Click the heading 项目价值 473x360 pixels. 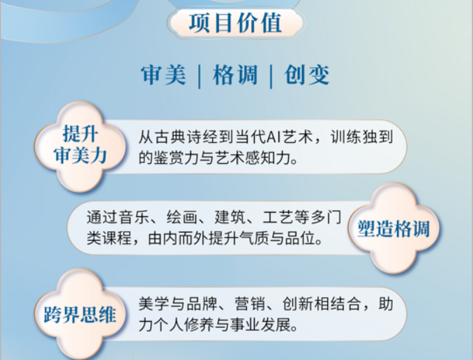click(x=236, y=22)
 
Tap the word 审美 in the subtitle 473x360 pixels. click(x=164, y=75)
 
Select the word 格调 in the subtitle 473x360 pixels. click(x=235, y=75)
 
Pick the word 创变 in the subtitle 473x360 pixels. click(x=307, y=75)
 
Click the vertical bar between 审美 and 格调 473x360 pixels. click(x=200, y=76)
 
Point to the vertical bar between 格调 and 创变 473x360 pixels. click(x=271, y=76)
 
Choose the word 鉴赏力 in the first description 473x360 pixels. click(x=177, y=158)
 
